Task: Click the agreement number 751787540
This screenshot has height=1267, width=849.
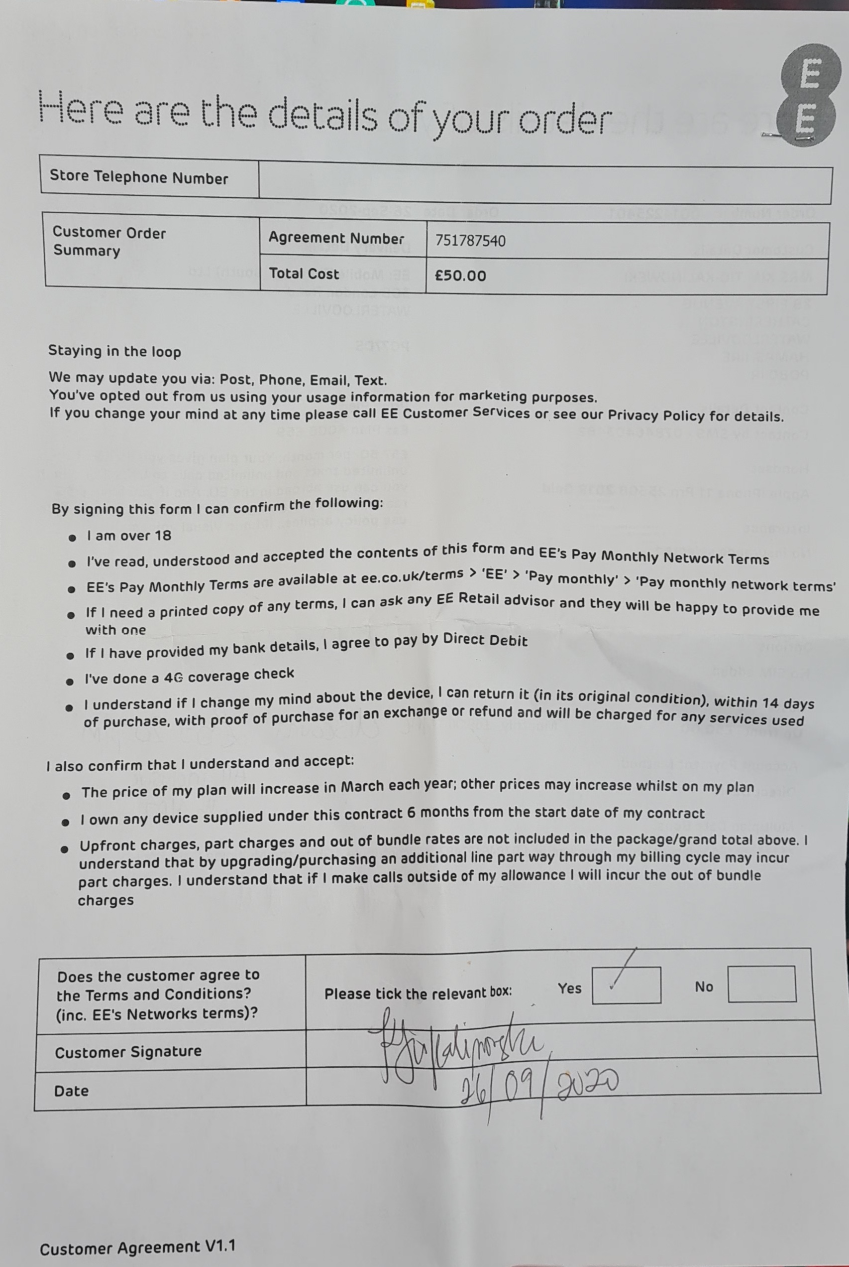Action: pyautogui.click(x=470, y=241)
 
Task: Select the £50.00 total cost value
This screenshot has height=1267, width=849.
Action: pyautogui.click(x=460, y=276)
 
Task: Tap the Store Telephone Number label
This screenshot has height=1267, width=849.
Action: pyautogui.click(x=139, y=177)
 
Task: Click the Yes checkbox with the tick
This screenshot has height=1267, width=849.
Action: pyautogui.click(x=626, y=985)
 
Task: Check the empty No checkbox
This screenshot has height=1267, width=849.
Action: pyautogui.click(x=761, y=984)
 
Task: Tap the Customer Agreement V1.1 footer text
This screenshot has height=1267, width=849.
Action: pyautogui.click(x=137, y=1248)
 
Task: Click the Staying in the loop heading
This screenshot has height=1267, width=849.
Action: pyautogui.click(x=114, y=351)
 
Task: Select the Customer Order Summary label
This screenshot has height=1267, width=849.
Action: pyautogui.click(x=109, y=242)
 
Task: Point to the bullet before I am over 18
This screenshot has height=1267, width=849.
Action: pyautogui.click(x=72, y=538)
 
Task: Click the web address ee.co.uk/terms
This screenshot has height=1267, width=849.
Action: pyautogui.click(x=412, y=576)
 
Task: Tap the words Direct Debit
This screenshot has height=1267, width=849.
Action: pyautogui.click(x=485, y=640)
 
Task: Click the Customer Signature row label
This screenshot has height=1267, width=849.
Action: pyautogui.click(x=128, y=1052)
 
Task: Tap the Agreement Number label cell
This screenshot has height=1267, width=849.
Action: pyautogui.click(x=336, y=238)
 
